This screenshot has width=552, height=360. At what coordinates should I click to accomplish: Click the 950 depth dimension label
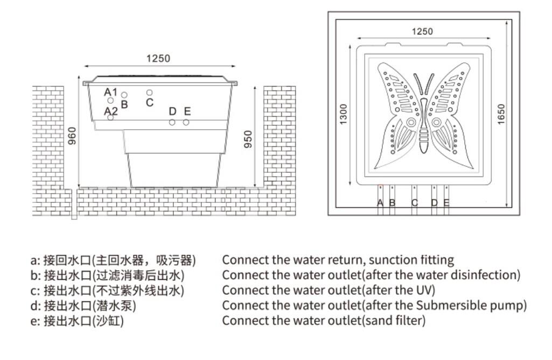(248, 139)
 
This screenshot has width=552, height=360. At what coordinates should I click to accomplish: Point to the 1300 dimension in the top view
(344, 113)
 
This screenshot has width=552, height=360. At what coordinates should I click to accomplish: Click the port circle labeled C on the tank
(150, 93)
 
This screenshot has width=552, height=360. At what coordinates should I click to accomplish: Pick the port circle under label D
(172, 122)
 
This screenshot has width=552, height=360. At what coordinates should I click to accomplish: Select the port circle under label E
(186, 122)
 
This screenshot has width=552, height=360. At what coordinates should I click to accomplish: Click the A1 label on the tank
(110, 91)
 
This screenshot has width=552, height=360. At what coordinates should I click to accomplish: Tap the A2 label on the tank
(111, 111)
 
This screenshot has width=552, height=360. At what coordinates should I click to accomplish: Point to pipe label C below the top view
(414, 203)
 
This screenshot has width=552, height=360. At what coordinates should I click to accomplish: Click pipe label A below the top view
(380, 203)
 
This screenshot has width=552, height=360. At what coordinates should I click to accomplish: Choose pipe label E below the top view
(446, 203)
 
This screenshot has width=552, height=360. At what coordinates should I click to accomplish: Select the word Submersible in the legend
(466, 306)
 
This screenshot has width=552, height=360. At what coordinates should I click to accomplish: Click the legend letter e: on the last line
(35, 321)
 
